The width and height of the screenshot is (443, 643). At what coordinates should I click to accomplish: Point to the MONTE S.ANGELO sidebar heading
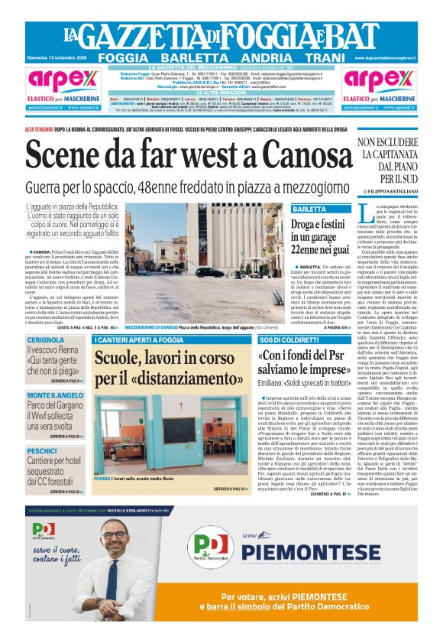tap(55, 395)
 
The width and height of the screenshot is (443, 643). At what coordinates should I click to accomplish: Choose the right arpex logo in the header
tap(377, 80)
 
